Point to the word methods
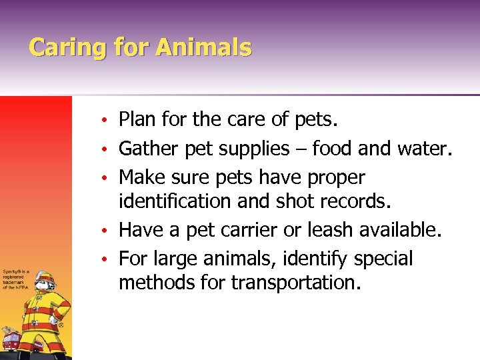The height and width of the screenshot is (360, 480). click(157, 283)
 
